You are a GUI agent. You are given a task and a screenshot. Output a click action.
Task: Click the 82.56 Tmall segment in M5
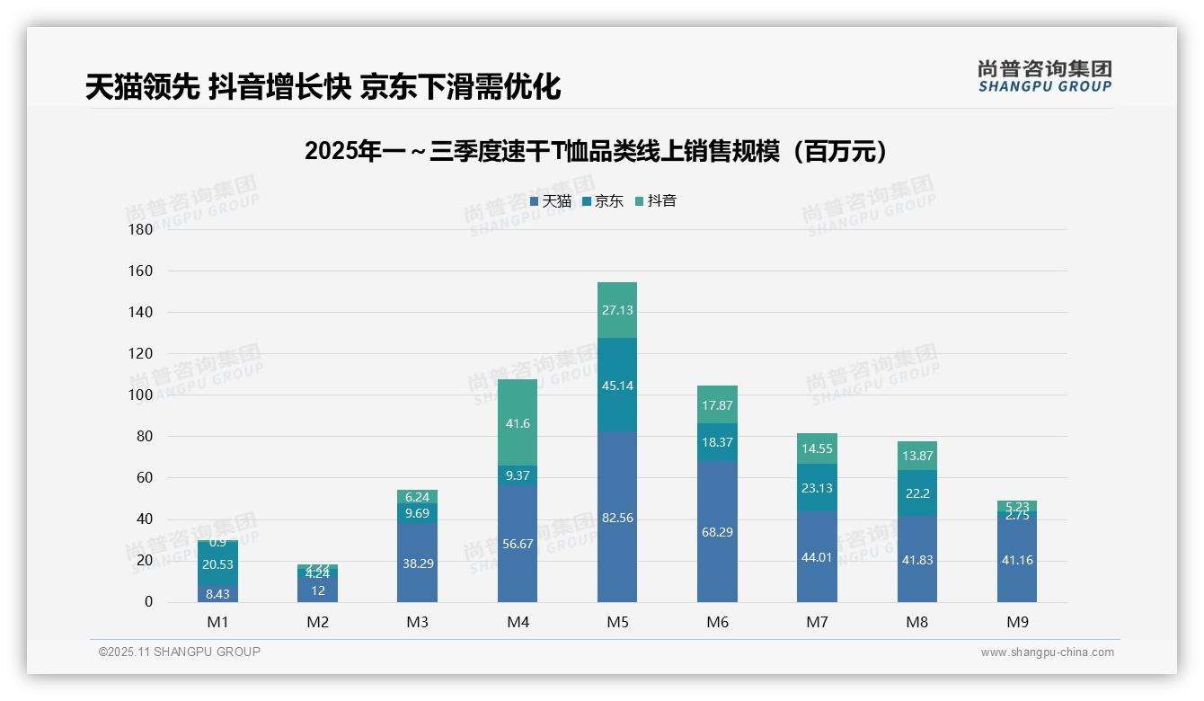click(x=616, y=517)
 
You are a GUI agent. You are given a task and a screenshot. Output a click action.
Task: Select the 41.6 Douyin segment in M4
click(x=518, y=422)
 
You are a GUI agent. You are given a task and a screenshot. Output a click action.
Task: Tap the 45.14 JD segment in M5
click(x=616, y=386)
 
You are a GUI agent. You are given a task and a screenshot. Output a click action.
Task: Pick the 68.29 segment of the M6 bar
click(x=717, y=531)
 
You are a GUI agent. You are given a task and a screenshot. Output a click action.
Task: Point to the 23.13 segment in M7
click(x=817, y=488)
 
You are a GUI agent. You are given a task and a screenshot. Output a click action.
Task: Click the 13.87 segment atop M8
click(x=917, y=456)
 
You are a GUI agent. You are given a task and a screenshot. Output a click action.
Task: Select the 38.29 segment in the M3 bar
click(x=417, y=563)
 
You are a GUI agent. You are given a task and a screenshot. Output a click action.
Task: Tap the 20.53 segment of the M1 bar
click(x=217, y=564)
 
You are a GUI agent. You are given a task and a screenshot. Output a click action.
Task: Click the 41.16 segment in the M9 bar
click(x=1017, y=559)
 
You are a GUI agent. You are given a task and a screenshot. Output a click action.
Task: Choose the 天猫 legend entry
click(x=551, y=201)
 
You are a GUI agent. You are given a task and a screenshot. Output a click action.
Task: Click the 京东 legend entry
click(x=603, y=201)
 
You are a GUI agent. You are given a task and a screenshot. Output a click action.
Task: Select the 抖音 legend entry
click(x=656, y=201)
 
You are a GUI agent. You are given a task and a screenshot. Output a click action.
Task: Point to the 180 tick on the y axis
click(x=141, y=230)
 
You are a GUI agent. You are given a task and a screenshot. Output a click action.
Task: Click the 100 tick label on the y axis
click(x=141, y=395)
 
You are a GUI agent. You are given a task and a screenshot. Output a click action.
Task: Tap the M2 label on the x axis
click(x=317, y=622)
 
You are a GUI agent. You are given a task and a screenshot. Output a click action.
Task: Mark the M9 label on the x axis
click(x=1017, y=622)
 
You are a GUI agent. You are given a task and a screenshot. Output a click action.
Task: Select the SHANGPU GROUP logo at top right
click(x=1045, y=76)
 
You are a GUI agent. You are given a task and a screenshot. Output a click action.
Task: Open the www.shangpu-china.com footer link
click(x=1047, y=652)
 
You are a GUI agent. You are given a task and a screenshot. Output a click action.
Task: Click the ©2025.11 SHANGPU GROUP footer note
click(x=180, y=652)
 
